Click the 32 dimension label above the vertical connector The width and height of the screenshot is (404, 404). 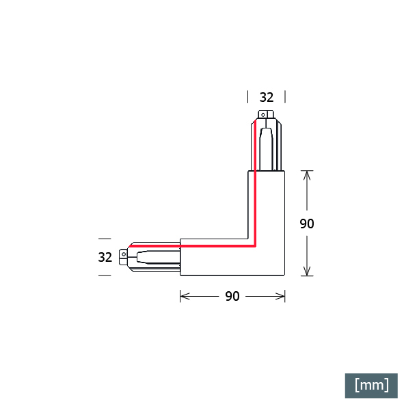pos(267,97)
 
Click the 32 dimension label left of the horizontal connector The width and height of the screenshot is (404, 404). pos(105,257)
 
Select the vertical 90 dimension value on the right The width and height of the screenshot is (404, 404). pos(307,224)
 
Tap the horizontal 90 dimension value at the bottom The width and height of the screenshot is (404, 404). pos(232,296)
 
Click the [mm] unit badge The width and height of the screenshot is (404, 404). pos(371,386)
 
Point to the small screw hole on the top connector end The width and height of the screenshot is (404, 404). pos(262,115)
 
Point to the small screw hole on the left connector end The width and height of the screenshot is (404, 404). pos(124,254)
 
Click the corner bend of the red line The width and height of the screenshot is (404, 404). pos(255,246)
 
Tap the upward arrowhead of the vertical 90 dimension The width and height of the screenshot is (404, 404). pos(307,175)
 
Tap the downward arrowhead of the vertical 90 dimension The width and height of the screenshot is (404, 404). pos(307,271)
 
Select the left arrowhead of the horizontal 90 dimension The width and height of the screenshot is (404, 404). pos(185,296)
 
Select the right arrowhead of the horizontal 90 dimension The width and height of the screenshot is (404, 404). pos(280,296)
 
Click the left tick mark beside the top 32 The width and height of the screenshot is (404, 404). pos(248,97)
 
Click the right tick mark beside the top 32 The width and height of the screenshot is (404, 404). pos(285,97)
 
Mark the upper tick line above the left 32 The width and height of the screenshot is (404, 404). pos(105,239)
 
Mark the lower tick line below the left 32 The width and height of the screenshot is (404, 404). pos(105,275)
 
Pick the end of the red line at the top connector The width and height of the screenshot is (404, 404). pos(255,120)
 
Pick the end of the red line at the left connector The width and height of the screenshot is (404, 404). pos(131,246)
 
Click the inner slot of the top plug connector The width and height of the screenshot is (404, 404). pos(267,149)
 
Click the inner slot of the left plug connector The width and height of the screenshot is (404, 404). pos(158,257)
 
